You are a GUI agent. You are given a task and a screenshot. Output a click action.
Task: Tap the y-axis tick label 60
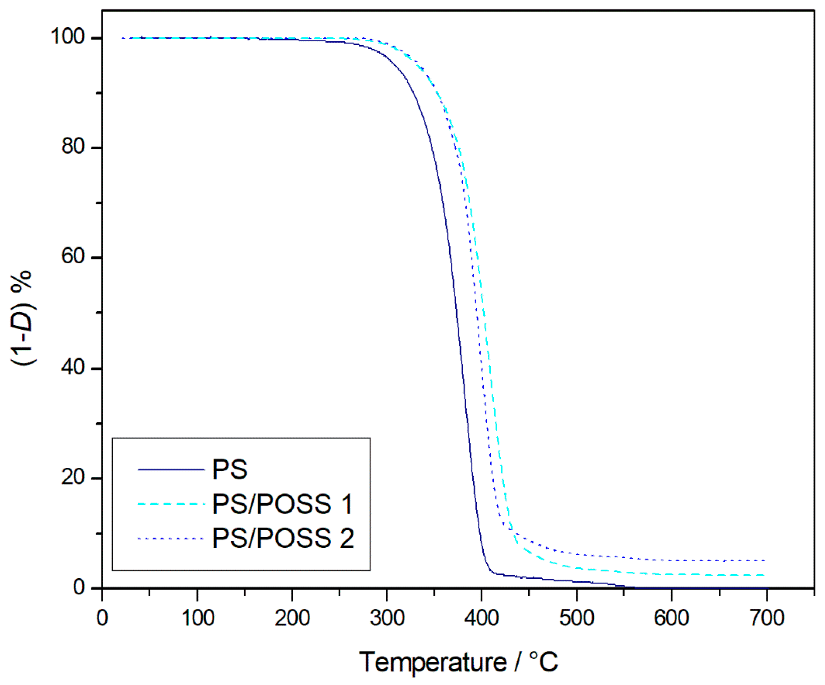tap(73, 257)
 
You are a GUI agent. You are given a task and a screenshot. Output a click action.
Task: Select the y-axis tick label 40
tap(73, 367)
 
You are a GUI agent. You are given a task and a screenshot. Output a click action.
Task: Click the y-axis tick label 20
tap(73, 477)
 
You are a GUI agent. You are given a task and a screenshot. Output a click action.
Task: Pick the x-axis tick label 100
tap(198, 618)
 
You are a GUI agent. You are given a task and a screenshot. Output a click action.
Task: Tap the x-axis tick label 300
tap(387, 618)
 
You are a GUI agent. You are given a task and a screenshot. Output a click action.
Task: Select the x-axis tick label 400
tap(482, 618)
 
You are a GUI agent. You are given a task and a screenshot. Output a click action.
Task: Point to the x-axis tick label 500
tap(577, 618)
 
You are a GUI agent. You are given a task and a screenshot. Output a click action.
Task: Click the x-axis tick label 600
tap(671, 618)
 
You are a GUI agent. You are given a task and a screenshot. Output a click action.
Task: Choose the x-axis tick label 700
tap(767, 618)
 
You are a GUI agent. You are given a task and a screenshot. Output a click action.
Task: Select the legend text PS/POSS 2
tap(283, 538)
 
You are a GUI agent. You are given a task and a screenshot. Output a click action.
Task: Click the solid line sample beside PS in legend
tap(171, 469)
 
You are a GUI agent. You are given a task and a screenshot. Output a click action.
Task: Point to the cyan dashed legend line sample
tap(171, 504)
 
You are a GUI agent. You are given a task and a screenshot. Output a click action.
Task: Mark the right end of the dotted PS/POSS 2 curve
tap(765, 561)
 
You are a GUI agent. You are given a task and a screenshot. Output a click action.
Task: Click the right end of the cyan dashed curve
tap(765, 575)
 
